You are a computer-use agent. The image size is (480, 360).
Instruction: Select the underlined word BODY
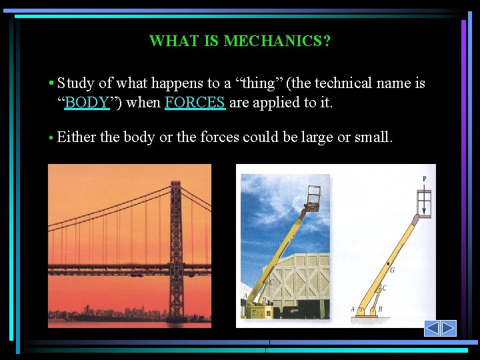pyautogui.click(x=87, y=103)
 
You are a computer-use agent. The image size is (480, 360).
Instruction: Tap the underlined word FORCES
pyautogui.click(x=195, y=103)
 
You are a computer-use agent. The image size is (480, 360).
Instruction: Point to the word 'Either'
pyautogui.click(x=77, y=137)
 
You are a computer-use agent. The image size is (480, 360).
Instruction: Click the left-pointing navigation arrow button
pyautogui.click(x=432, y=328)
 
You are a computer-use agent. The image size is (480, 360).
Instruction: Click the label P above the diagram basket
pyautogui.click(x=424, y=179)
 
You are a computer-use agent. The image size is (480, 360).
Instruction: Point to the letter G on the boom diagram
pyautogui.click(x=392, y=270)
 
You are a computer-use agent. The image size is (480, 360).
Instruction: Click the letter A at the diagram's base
pyautogui.click(x=353, y=309)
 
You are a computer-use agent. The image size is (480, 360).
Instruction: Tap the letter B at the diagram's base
pyautogui.click(x=380, y=309)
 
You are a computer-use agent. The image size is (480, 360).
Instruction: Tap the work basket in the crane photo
pyautogui.click(x=312, y=196)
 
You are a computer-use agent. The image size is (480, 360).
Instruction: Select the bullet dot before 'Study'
pyautogui.click(x=51, y=83)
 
